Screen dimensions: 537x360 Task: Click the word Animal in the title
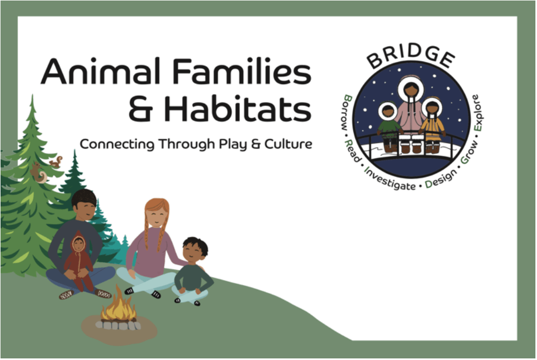pyautogui.click(x=100, y=71)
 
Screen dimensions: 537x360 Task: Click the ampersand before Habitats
pyautogui.click(x=140, y=109)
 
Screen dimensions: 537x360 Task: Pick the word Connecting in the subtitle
pyautogui.click(x=117, y=145)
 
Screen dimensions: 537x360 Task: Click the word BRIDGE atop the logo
pyautogui.click(x=411, y=57)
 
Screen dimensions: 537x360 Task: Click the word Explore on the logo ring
pyautogui.click(x=477, y=113)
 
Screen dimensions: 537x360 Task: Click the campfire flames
pyautogui.click(x=119, y=304)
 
